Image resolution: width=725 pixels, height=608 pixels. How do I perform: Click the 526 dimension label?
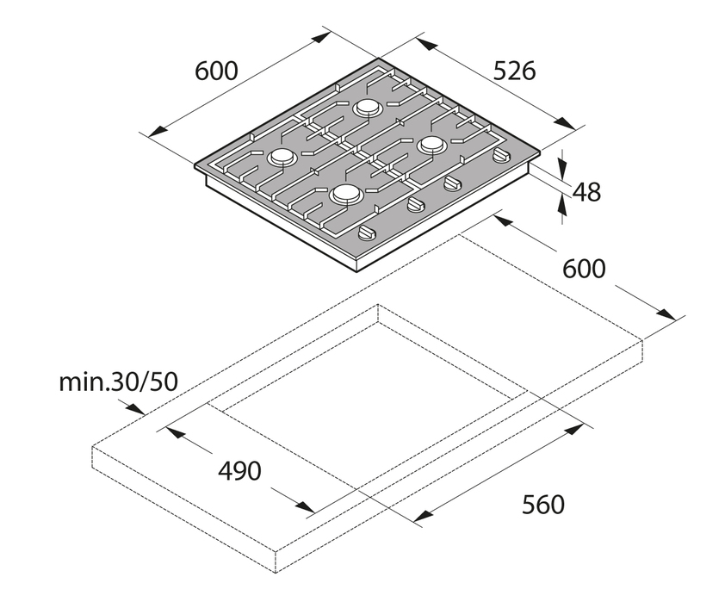coord(515,71)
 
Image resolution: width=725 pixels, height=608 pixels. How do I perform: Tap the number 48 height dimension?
coord(586,192)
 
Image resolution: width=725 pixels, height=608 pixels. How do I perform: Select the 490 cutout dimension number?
coord(239,471)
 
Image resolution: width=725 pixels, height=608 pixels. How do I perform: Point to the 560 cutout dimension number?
coord(543,505)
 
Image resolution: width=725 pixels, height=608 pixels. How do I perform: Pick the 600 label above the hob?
coord(216,71)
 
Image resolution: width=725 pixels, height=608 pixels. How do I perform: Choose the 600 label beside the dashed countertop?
coord(584,269)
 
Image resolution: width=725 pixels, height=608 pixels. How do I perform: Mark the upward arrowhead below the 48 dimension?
coord(562,204)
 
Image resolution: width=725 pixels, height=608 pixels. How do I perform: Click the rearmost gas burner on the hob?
coord(368,109)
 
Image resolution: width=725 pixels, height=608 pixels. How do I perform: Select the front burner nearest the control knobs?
coord(345,194)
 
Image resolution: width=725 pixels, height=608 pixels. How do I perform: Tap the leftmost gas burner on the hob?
coord(281,157)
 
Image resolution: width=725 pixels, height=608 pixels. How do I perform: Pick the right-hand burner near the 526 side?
coord(432,146)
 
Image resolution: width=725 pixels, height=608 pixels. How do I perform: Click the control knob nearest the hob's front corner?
coord(368,233)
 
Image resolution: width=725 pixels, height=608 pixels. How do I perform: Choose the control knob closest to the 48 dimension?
coord(501,155)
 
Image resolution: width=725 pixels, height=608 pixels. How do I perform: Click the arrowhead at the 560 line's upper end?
coord(573,430)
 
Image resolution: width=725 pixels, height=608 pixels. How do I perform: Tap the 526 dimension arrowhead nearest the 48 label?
coord(565,123)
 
